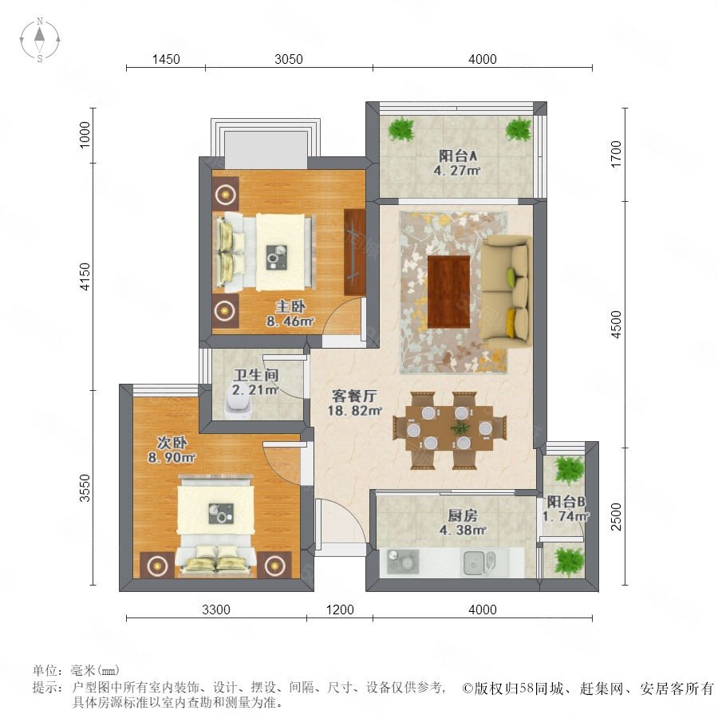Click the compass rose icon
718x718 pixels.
(40, 40)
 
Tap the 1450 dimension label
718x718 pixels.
(166, 60)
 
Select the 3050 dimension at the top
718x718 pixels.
(289, 60)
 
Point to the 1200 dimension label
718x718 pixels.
(340, 610)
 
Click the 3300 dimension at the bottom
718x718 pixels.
(216, 610)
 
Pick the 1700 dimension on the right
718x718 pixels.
(617, 154)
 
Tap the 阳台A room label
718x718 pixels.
(457, 156)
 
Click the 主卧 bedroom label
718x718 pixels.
(290, 306)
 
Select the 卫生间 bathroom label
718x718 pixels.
(255, 376)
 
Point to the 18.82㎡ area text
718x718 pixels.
(354, 411)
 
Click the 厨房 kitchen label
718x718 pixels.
(463, 515)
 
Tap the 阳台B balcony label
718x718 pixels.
(566, 502)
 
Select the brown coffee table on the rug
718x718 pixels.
(448, 292)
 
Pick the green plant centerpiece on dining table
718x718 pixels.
(460, 428)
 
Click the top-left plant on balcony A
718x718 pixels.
(401, 128)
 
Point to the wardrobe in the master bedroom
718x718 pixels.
(355, 252)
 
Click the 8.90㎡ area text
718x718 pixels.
(172, 457)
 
